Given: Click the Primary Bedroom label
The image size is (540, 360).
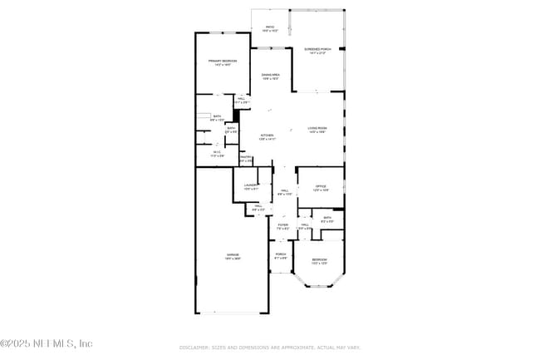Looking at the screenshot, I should click(222, 62).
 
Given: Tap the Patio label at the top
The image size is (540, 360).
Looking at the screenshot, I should click(269, 28).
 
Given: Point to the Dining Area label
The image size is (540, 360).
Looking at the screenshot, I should click(270, 76).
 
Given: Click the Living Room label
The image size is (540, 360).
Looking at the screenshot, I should click(317, 129).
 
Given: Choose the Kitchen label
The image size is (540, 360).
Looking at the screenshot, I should click(267, 136).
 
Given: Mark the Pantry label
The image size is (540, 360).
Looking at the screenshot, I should click(246, 158).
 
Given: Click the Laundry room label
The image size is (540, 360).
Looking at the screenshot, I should click(252, 188).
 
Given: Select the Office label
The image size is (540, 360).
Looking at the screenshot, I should click(320, 187).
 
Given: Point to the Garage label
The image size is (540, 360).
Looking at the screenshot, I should click(232, 256).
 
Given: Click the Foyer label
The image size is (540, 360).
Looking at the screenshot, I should click(282, 226).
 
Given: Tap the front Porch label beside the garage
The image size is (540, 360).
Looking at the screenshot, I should click(281, 255).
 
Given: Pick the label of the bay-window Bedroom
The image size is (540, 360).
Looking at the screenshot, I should click(319, 261).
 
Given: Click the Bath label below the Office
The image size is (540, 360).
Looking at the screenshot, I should click(327, 220).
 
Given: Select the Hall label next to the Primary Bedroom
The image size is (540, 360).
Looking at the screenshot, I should click(241, 100).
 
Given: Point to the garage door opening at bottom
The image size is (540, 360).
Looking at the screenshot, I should click(232, 313).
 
